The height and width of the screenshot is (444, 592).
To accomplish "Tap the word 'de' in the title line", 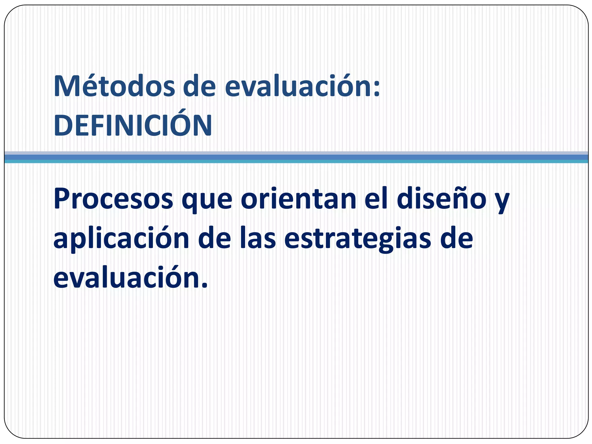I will click(199, 86).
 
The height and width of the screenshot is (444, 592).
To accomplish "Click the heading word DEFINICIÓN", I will click(133, 125).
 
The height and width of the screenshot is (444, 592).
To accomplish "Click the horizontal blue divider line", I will click(296, 157).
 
